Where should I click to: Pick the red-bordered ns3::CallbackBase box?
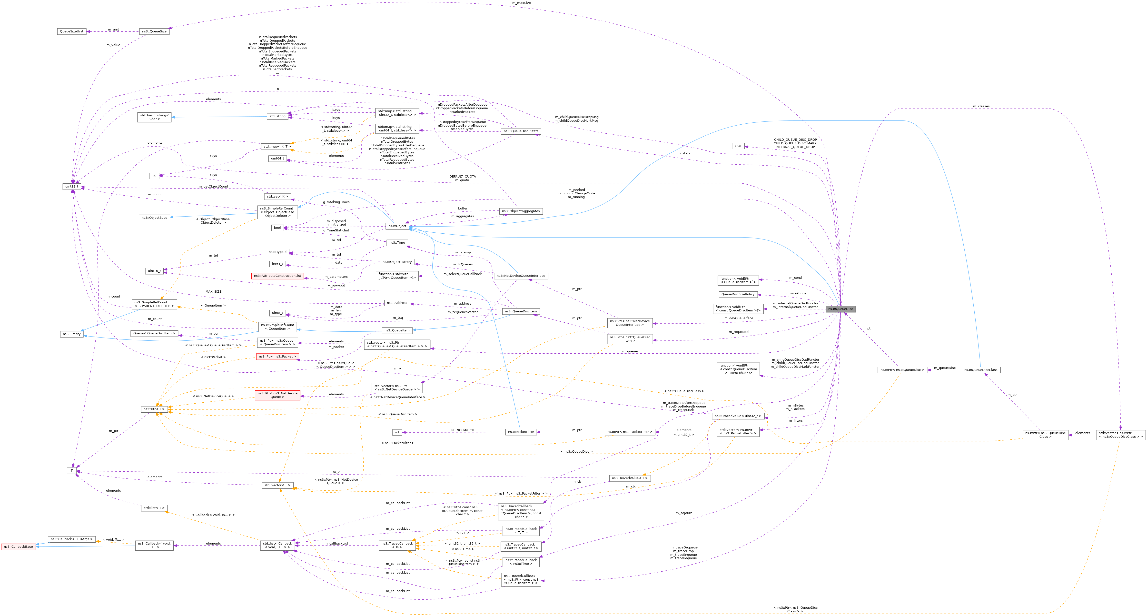click(18, 546)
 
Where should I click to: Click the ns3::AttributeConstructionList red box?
click(277, 276)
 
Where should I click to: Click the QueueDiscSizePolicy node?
click(738, 294)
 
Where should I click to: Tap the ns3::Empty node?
click(72, 334)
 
